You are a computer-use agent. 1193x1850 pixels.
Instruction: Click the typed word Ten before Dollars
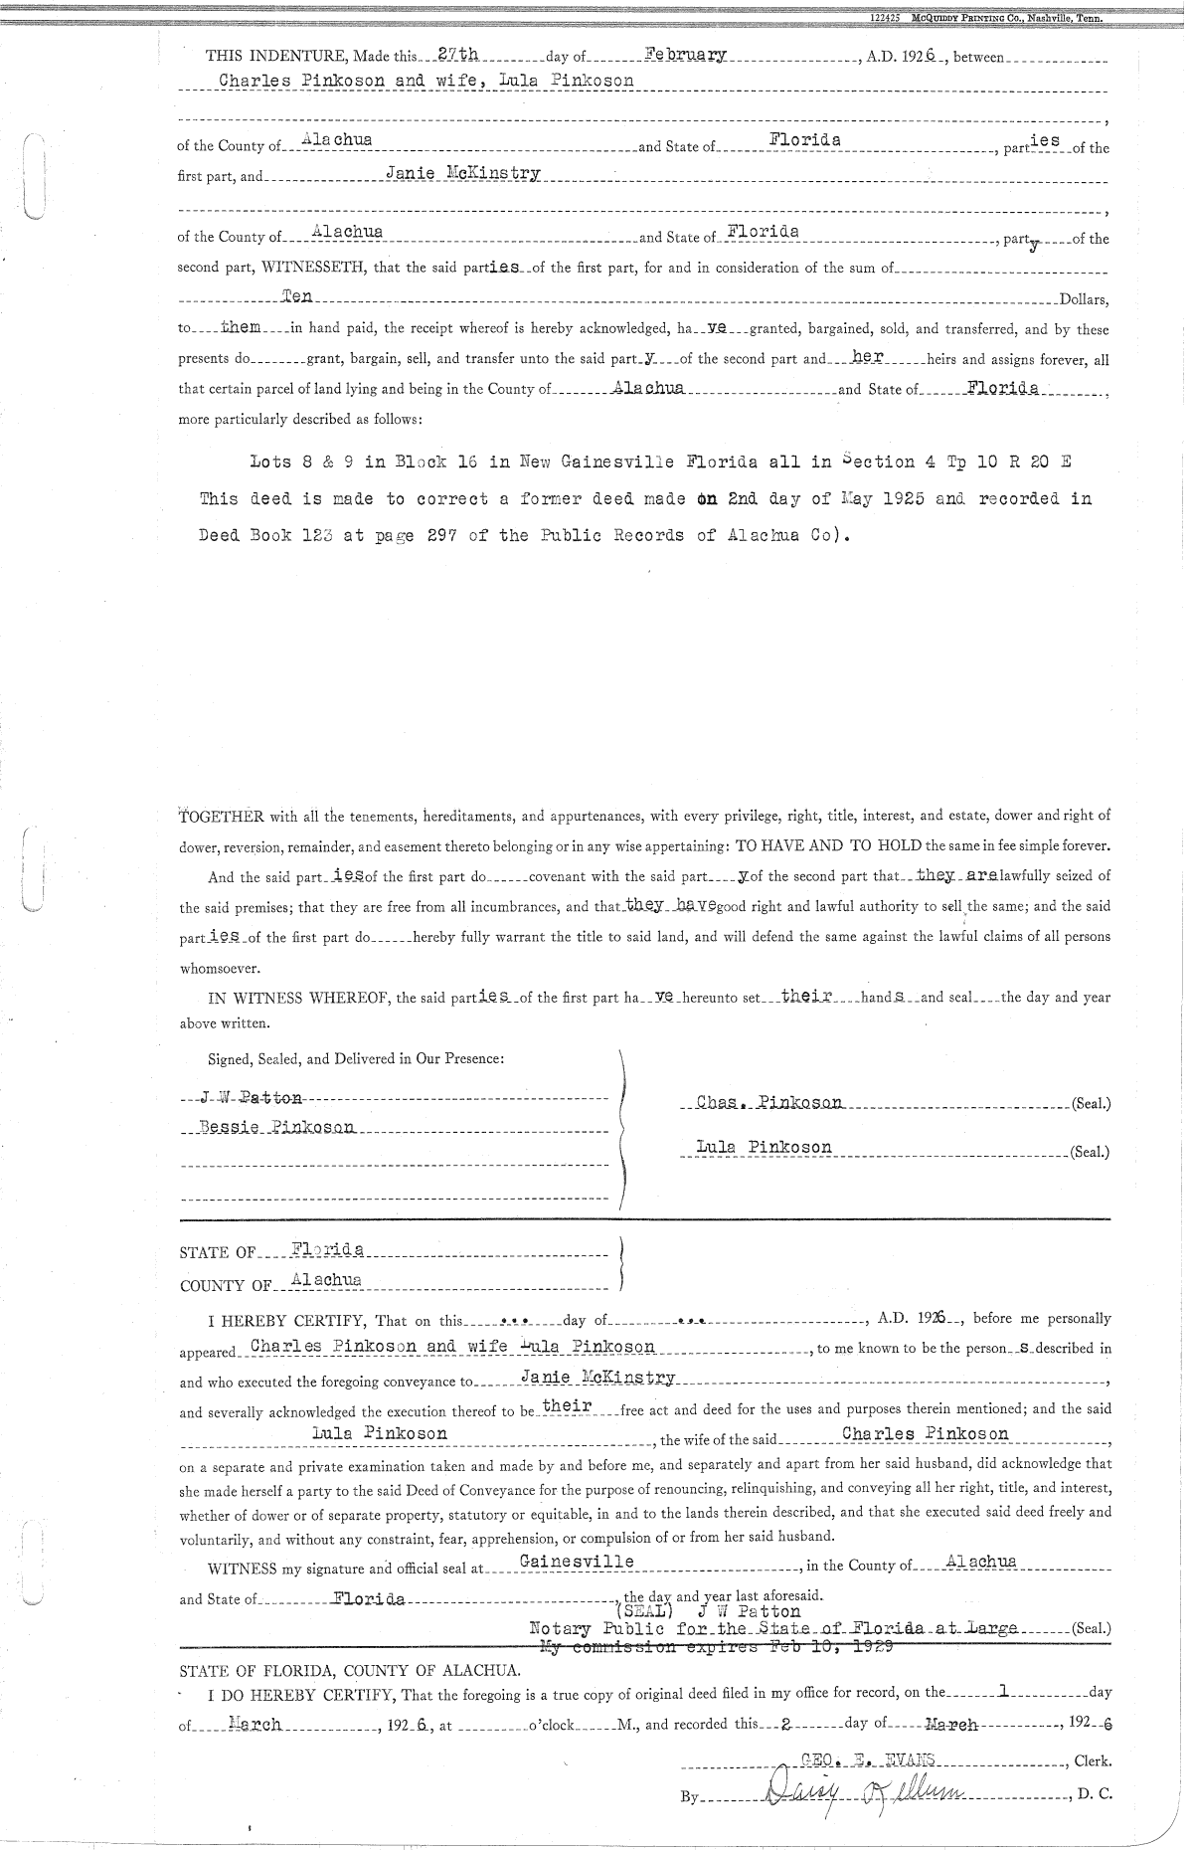[x=297, y=295]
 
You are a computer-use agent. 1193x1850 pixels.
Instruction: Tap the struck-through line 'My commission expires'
[x=716, y=1646]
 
